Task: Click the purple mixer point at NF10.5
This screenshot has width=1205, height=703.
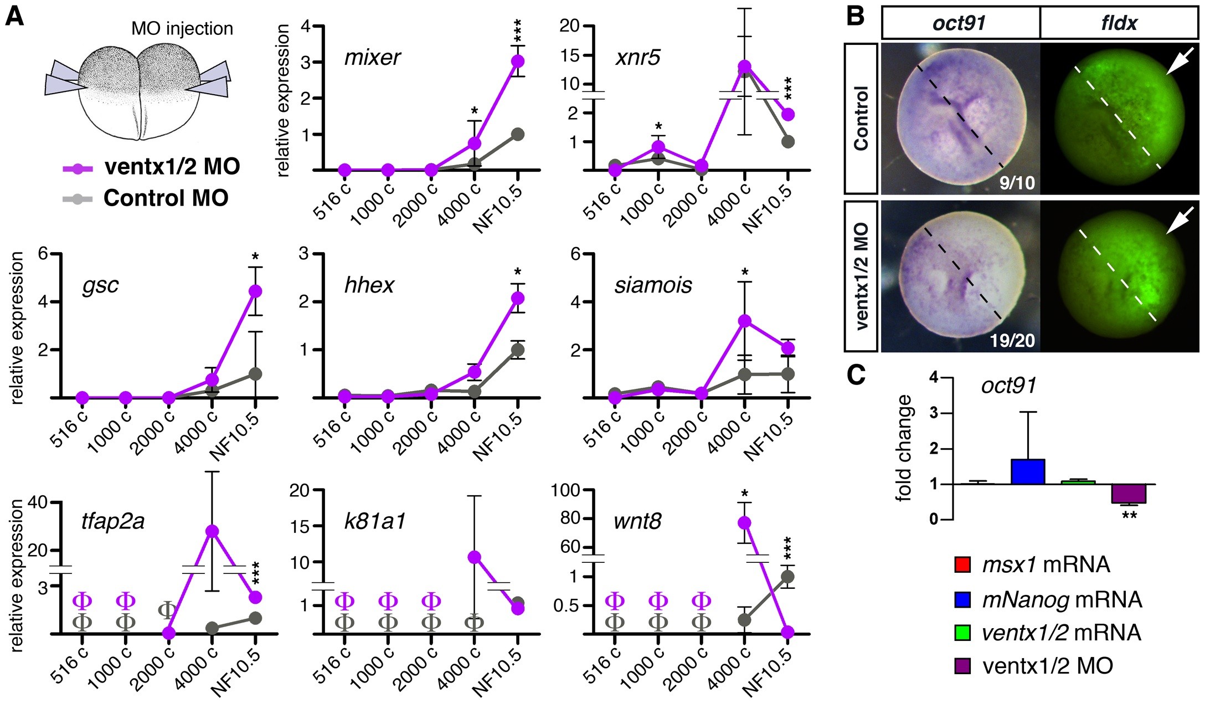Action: click(x=517, y=61)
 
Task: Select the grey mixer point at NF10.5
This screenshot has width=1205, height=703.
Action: click(x=517, y=134)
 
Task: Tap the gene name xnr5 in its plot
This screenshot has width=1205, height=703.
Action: click(x=637, y=57)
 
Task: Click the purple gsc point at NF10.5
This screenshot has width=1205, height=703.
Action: click(x=255, y=291)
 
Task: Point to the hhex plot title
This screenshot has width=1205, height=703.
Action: click(x=369, y=285)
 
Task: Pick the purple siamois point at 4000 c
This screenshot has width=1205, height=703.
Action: click(x=745, y=321)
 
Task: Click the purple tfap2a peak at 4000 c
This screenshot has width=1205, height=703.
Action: click(x=212, y=531)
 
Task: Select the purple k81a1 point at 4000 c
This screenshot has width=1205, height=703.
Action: click(x=474, y=557)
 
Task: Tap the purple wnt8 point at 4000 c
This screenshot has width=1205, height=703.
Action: click(x=745, y=522)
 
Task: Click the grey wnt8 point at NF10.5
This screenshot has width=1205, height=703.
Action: click(x=787, y=576)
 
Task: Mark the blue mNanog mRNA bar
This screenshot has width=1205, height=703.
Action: click(x=1028, y=471)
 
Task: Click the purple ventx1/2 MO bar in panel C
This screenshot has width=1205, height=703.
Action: click(x=1129, y=494)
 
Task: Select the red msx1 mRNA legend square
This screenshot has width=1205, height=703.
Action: click(x=963, y=565)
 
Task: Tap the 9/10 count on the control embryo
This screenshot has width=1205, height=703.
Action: click(x=1017, y=182)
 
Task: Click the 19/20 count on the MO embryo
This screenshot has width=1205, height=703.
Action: click(x=1012, y=340)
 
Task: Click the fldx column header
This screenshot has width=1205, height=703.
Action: click(x=1119, y=23)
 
